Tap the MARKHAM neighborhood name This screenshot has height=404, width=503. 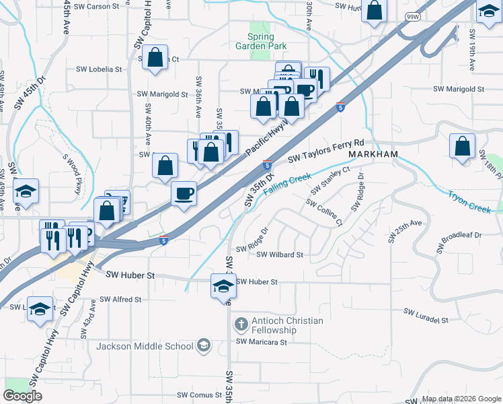pyautogui.click(x=373, y=154)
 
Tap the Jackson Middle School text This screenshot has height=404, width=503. pyautogui.click(x=145, y=347)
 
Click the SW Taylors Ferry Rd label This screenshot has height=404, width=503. pyautogui.click(x=326, y=151)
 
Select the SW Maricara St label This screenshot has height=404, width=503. pyautogui.click(x=261, y=342)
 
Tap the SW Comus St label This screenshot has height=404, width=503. pyautogui.click(x=199, y=395)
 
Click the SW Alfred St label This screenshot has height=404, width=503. pyautogui.click(x=120, y=299)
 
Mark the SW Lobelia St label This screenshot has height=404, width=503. pyautogui.click(x=99, y=69)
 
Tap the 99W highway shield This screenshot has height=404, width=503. pyautogui.click(x=412, y=15)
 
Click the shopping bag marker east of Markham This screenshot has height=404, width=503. pyautogui.click(x=463, y=147)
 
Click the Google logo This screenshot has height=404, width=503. pyautogui.click(x=22, y=396)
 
